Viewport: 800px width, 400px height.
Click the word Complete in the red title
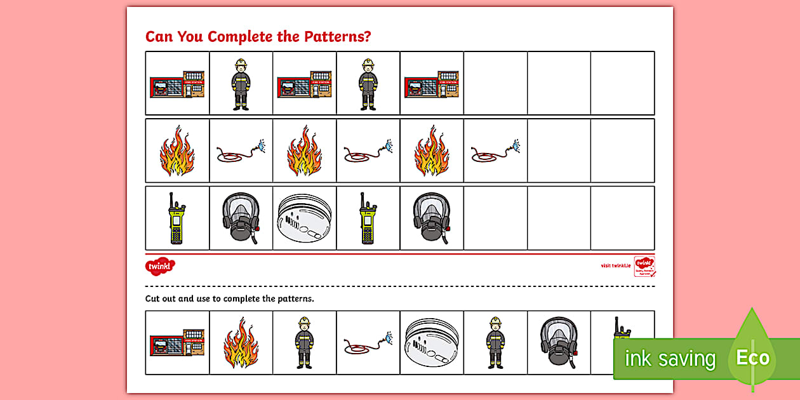pos(238,36)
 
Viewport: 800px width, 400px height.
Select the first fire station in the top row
pos(178,84)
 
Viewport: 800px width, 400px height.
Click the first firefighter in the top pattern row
pos(241,84)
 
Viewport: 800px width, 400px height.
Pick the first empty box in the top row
pos(495,83)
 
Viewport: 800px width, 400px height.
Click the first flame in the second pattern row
pos(177,150)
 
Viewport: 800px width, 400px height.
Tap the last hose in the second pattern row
pos(495,151)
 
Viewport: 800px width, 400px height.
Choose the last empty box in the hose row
pos(622,150)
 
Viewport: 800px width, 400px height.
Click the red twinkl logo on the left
pos(159,265)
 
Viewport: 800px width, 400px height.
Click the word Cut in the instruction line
pos(153,298)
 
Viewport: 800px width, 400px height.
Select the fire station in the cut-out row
pos(178,343)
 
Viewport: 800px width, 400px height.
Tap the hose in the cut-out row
pos(368,343)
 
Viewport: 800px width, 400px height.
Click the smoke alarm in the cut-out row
pos(432,343)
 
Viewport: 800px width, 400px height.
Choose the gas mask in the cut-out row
pos(559,343)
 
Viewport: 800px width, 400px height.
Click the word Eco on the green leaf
pos(752,358)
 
